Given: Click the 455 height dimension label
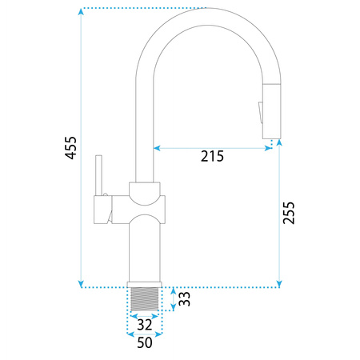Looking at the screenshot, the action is pos(71,148).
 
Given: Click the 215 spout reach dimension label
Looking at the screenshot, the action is pos(212,156).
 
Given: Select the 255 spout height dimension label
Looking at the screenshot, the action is pos(289,213).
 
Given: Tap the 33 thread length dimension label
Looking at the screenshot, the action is pos(185,298).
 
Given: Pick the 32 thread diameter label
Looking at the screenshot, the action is pos(145,325).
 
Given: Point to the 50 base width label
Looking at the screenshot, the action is pos(145,342).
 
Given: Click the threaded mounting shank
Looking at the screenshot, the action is pos(145,299).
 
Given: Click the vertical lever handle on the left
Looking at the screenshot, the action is pos(98,175).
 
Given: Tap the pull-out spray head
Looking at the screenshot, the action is pos(271,111).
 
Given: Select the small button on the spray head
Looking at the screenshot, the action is pos(260,113).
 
